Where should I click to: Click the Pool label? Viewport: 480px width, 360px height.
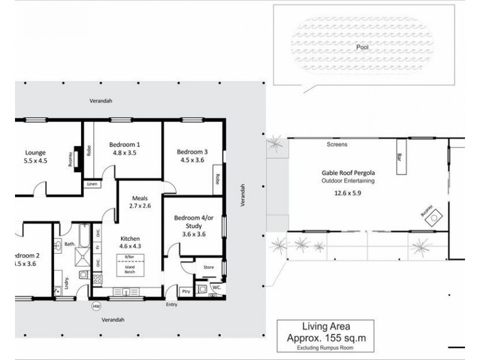362,45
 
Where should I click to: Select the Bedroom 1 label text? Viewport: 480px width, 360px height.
125,145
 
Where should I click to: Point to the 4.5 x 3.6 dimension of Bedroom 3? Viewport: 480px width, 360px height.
191,160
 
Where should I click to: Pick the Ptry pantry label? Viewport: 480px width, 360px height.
185,292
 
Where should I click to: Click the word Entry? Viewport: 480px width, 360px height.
172,304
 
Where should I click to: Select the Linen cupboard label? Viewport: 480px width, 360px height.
92,184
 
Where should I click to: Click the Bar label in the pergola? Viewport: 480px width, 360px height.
398,157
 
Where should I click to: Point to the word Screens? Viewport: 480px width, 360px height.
337,145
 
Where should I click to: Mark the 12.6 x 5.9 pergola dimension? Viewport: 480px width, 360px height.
348,193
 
